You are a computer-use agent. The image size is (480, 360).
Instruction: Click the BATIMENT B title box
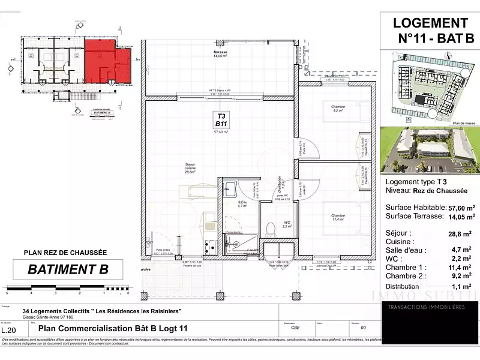pyautogui.click(x=68, y=269)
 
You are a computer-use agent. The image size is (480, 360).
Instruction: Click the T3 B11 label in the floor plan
pyautogui.click(x=221, y=119)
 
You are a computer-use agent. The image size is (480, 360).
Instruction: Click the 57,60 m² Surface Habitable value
pyautogui.click(x=459, y=206)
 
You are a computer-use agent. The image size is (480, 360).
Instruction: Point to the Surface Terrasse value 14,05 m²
pyautogui.click(x=459, y=216)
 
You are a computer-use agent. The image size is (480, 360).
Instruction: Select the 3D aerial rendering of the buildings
pyautogui.click(x=429, y=149)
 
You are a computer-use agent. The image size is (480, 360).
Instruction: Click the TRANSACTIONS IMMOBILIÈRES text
pyautogui.click(x=426, y=307)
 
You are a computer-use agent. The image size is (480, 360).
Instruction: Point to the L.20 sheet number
pyautogui.click(x=8, y=330)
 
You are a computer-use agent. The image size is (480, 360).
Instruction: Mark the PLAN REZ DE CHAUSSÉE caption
pyautogui.click(x=65, y=253)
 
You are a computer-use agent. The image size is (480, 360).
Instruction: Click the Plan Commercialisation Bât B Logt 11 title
pyautogui.click(x=113, y=328)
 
